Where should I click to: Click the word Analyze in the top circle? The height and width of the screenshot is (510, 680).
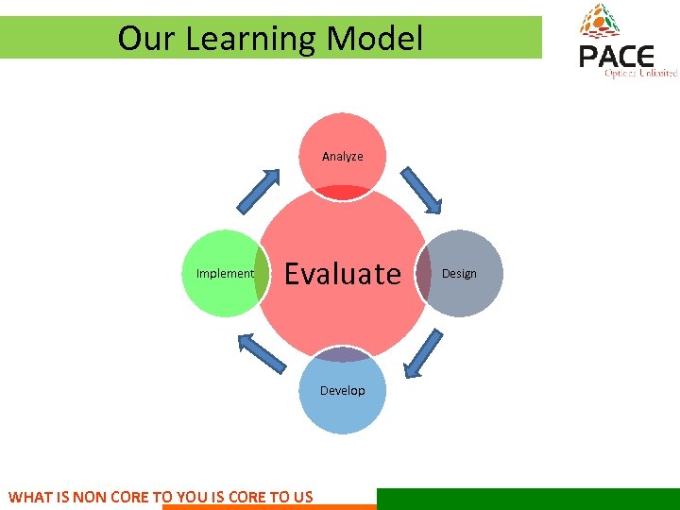click(x=342, y=156)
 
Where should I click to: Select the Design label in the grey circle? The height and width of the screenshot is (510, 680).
click(x=459, y=274)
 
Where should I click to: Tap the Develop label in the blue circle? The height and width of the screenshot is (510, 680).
click(x=342, y=390)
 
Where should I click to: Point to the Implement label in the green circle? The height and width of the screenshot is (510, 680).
click(x=225, y=274)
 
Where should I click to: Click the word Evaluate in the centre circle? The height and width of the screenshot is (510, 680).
click(x=343, y=274)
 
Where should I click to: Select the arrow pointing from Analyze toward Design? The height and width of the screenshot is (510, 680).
click(x=421, y=191)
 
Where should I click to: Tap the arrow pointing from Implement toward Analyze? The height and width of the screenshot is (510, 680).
click(x=259, y=192)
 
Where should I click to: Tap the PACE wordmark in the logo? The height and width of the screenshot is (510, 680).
click(x=616, y=58)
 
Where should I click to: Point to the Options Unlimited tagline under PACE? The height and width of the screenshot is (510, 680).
click(x=640, y=74)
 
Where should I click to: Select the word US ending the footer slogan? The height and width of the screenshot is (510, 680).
click(x=303, y=497)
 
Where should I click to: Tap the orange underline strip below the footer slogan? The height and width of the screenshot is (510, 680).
click(x=269, y=507)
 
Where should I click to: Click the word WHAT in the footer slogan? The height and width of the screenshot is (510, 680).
click(x=30, y=497)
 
